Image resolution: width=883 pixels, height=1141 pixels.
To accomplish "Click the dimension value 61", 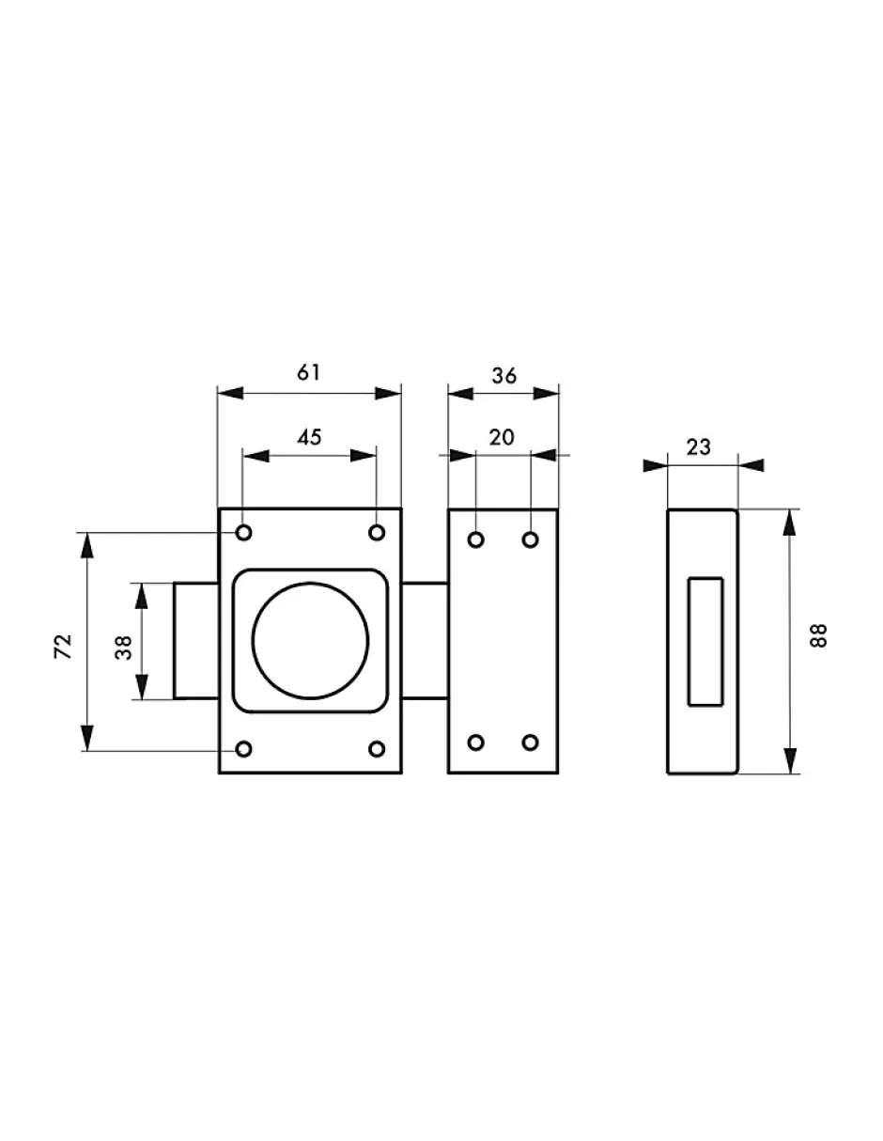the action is tap(308, 372).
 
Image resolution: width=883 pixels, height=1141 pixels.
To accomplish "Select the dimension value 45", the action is tap(309, 437).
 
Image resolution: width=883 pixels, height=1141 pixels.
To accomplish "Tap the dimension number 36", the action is tap(503, 375).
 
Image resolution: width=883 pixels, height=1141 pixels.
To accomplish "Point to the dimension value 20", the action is tap(502, 437).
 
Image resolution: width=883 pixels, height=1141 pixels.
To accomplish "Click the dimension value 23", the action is tap(698, 446).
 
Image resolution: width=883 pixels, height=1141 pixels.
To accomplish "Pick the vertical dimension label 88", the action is tap(818, 636).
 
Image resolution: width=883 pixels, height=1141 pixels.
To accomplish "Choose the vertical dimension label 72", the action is tap(63, 647).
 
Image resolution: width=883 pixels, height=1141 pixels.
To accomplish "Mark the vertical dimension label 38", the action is tap(124, 648).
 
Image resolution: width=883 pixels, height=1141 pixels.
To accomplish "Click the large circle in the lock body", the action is tap(310, 641).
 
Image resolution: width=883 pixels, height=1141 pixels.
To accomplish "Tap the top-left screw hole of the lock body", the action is tap(243, 533).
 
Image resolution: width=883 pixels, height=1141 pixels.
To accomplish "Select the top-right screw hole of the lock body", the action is tap(377, 533).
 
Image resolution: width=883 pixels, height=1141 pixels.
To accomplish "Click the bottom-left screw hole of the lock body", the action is tap(243, 749).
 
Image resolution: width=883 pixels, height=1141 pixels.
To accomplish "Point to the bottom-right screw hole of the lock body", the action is tap(377, 749).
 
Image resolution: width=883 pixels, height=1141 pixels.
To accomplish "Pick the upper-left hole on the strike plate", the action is tap(476, 539).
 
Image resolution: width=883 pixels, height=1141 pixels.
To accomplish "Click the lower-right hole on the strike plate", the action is tap(531, 742).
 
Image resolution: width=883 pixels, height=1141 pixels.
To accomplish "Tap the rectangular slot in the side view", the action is tap(705, 642).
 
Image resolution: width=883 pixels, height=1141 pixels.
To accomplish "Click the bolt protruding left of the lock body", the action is tap(195, 641).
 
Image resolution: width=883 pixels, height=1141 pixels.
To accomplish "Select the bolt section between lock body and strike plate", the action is tap(425, 641).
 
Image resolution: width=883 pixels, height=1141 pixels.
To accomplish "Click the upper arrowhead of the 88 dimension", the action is tap(790, 522).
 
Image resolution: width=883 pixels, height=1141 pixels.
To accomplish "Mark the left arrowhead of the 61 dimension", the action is tap(230, 393).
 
